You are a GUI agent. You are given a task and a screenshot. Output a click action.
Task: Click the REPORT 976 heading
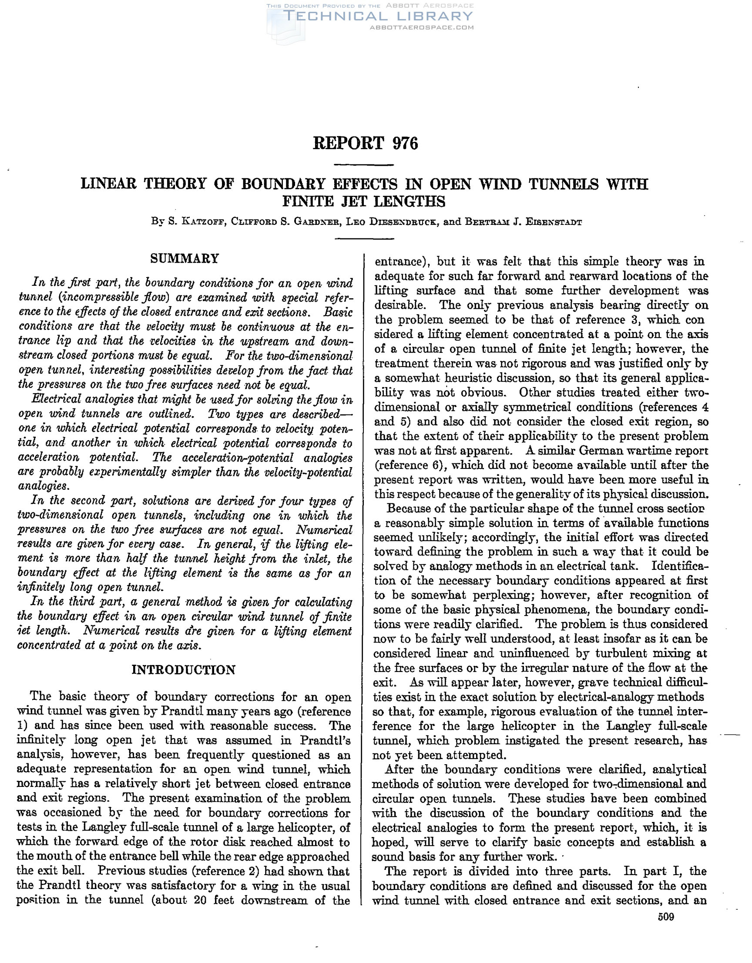tap(365, 143)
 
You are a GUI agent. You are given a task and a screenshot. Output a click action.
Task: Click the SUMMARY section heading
tap(185, 258)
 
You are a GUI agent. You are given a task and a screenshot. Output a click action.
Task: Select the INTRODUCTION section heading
tap(184, 670)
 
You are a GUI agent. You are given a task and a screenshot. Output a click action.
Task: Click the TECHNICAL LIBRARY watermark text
tap(379, 17)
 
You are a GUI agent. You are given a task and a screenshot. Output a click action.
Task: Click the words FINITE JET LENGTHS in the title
tap(364, 201)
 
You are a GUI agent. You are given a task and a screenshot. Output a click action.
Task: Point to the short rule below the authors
tap(364, 238)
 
